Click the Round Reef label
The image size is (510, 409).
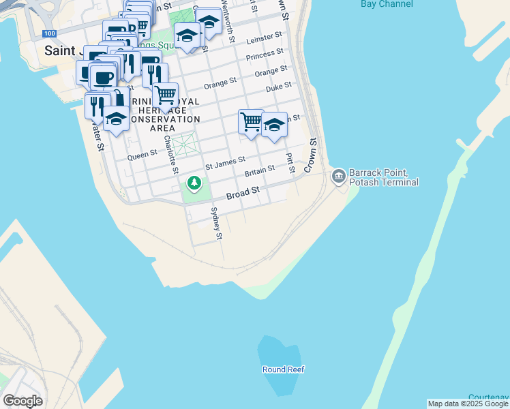tap(284, 369)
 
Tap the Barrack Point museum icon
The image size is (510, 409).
tap(338, 177)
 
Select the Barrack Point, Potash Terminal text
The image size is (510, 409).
tap(383, 177)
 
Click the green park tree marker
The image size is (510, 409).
tap(194, 183)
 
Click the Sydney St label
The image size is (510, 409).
tap(217, 224)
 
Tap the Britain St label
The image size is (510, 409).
tap(260, 169)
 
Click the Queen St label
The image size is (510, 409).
tap(142, 155)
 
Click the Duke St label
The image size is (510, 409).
tap(279, 86)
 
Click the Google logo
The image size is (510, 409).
tap(22, 400)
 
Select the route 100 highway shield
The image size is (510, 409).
tap(48, 33)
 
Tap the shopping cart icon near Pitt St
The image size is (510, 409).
tap(251, 121)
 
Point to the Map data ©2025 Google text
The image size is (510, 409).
tap(468, 404)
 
